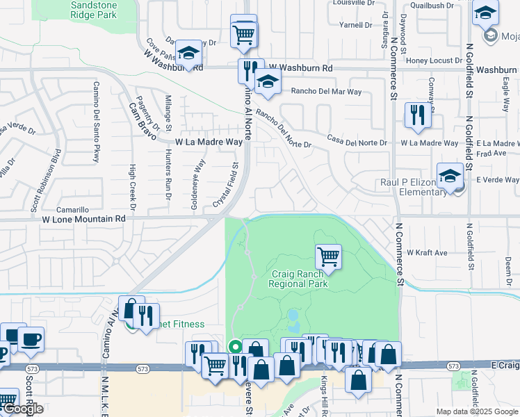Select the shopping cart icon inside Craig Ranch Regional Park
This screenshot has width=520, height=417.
pos(328,256)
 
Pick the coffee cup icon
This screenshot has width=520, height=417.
pos(30,339)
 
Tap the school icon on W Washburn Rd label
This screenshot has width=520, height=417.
pos(188,53)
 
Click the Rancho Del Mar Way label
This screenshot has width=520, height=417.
pos(326,91)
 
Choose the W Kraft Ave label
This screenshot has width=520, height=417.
pos(427,252)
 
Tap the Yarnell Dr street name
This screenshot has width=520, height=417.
pos(356,25)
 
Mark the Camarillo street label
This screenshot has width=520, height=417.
pos(73,209)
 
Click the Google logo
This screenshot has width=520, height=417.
pos(22,409)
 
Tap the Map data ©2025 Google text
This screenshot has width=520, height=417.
pos(477,411)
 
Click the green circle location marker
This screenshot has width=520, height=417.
pos(235,346)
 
